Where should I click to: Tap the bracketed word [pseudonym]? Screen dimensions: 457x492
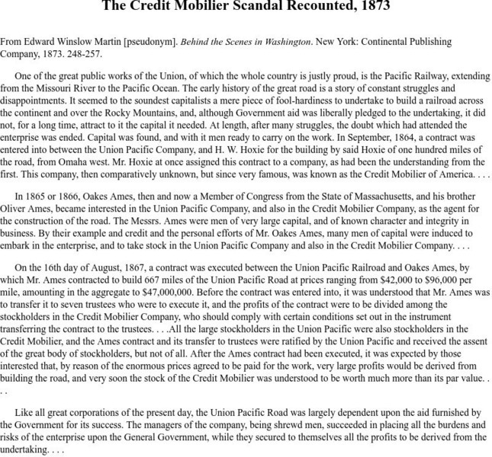[146, 42]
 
